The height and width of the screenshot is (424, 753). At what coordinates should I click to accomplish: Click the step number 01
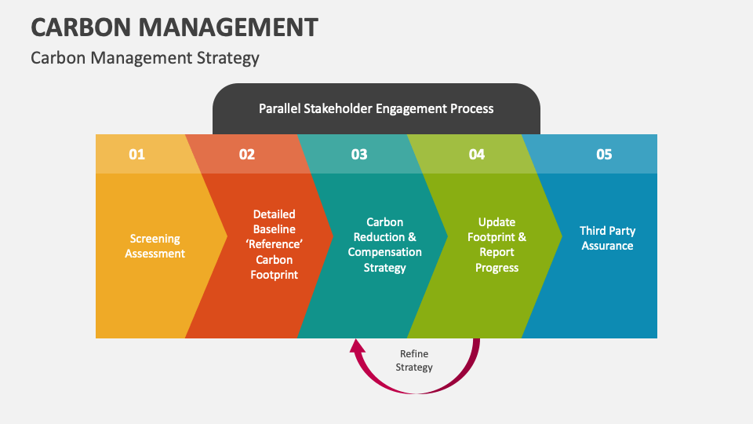(x=137, y=154)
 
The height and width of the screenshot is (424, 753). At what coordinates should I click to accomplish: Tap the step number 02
(x=247, y=154)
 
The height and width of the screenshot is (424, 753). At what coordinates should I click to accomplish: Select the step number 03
(x=359, y=154)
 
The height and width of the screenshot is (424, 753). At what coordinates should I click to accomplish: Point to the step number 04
(x=477, y=154)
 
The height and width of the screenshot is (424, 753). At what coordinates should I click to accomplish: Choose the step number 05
(x=604, y=154)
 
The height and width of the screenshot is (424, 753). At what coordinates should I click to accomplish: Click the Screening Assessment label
(x=155, y=246)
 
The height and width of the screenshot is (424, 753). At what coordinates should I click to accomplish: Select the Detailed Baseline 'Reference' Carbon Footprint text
(x=275, y=244)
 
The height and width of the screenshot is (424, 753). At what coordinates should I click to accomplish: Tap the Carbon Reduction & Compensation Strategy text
(x=385, y=245)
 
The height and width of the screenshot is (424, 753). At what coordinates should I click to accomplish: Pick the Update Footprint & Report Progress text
(x=497, y=245)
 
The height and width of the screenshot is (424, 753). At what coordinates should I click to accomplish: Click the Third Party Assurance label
(x=607, y=238)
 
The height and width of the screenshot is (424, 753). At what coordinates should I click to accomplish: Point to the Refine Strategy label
(x=414, y=360)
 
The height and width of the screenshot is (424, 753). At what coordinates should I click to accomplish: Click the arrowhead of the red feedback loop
(x=357, y=346)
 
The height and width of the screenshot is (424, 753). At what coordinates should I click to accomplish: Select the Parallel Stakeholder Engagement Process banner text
(x=376, y=108)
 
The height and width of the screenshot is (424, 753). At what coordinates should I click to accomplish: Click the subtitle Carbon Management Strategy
(x=145, y=58)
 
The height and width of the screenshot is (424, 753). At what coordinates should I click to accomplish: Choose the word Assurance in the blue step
(x=607, y=246)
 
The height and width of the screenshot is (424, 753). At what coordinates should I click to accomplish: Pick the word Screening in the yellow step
(x=155, y=239)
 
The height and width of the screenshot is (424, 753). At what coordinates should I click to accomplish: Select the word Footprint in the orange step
(x=275, y=275)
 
